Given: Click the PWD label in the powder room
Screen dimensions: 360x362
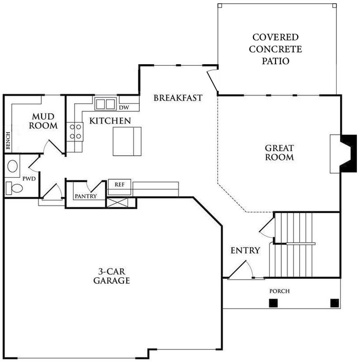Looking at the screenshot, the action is click(x=29, y=179).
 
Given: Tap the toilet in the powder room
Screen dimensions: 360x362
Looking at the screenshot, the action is click(x=14, y=188).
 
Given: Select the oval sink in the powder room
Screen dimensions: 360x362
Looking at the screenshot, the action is click(x=13, y=166).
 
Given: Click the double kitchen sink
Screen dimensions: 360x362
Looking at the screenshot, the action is click(x=105, y=104).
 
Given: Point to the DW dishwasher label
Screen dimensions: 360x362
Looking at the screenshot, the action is click(x=124, y=108).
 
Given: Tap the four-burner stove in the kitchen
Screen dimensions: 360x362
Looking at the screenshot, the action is click(x=75, y=132).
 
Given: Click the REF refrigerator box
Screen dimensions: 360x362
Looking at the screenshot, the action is click(x=119, y=187).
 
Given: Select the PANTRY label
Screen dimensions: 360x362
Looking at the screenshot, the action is click(x=86, y=196).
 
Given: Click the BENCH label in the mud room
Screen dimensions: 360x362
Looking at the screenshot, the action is click(x=8, y=140).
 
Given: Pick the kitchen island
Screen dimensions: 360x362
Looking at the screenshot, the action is click(x=127, y=141).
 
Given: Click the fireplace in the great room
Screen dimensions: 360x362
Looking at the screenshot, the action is click(x=343, y=154).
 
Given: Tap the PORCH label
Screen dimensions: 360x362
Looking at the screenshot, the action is click(x=279, y=291).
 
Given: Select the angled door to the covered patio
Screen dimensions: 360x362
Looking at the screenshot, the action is click(x=213, y=81).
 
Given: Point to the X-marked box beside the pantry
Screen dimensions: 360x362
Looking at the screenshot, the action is click(x=117, y=202).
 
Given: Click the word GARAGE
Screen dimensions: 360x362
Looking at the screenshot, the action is click(x=111, y=281).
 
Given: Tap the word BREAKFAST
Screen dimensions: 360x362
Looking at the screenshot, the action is click(x=178, y=98).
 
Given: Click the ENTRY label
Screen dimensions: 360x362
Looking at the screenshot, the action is click(x=245, y=251).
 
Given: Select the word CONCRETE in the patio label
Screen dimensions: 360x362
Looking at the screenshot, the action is click(x=275, y=49).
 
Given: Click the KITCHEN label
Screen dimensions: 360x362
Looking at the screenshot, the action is click(x=110, y=121).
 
